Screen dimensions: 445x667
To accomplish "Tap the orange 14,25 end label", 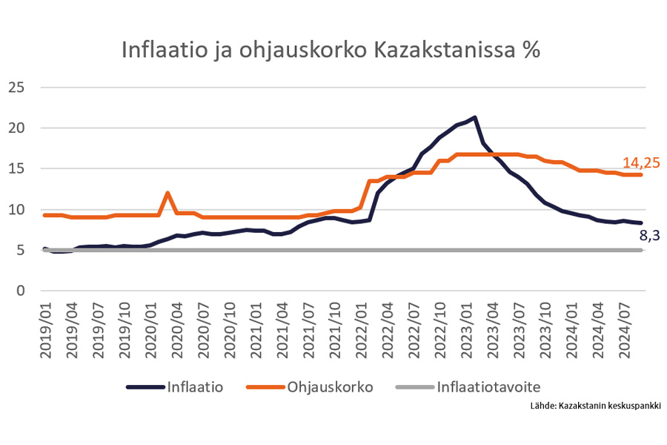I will coord(640,163).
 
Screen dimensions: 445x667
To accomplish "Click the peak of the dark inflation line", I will coord(474,117).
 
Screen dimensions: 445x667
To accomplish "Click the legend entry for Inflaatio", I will coord(195,386).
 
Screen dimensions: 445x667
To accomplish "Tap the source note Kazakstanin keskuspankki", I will coord(595,406).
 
